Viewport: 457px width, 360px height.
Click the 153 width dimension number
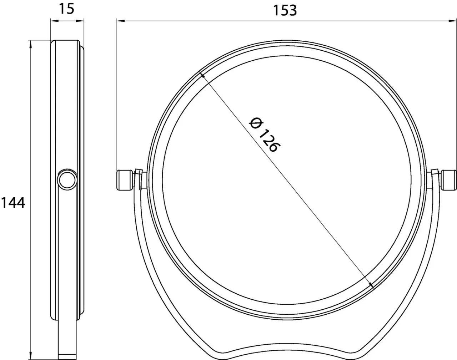pos(285,10)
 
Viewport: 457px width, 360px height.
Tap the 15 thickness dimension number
pos(66,9)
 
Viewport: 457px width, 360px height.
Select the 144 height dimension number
pos(13,203)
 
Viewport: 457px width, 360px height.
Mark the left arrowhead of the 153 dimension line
pos(120,21)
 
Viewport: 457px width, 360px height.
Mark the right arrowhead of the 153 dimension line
pos(453,21)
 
